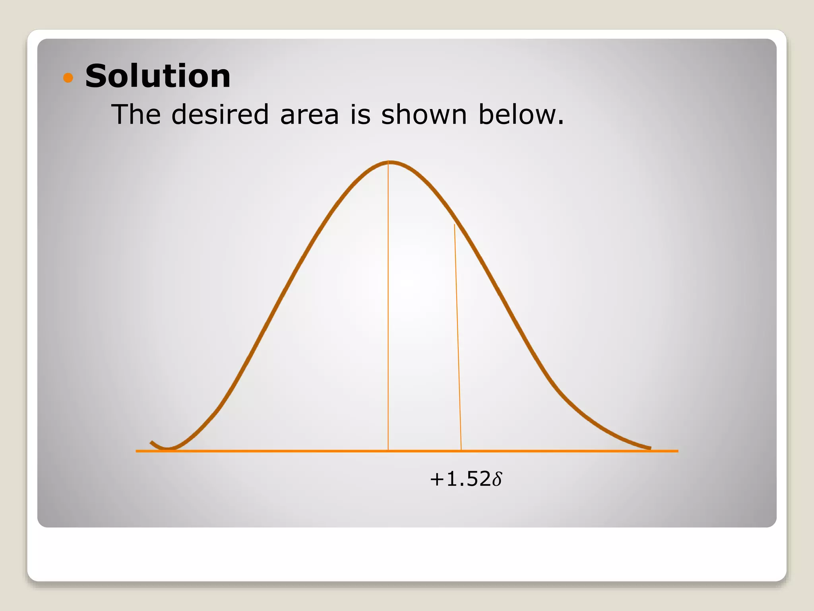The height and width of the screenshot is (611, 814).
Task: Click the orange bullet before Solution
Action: point(68,77)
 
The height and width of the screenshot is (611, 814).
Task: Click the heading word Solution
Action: point(158,76)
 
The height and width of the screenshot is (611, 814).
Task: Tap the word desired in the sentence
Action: point(220,115)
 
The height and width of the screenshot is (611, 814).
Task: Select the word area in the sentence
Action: point(310,115)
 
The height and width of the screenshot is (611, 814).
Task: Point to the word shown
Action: point(424,115)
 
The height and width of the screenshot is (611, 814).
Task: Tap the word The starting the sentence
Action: point(136,115)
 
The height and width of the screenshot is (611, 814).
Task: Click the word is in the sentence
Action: point(360,115)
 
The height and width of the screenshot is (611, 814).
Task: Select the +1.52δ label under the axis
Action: point(466,479)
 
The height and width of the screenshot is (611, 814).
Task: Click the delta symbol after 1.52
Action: point(497,479)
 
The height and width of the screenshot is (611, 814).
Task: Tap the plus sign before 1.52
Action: point(436,479)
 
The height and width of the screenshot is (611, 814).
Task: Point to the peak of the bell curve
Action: point(390,162)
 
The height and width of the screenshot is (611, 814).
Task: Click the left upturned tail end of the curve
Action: point(151,442)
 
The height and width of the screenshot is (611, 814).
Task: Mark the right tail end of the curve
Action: point(650,448)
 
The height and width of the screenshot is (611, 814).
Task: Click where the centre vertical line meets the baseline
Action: point(388,451)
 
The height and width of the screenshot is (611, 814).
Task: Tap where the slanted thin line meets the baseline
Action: point(461,451)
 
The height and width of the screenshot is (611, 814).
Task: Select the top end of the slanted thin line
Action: point(455,225)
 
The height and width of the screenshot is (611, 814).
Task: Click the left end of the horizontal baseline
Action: point(137,451)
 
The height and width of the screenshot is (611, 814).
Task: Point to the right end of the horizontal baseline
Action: point(677,451)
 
